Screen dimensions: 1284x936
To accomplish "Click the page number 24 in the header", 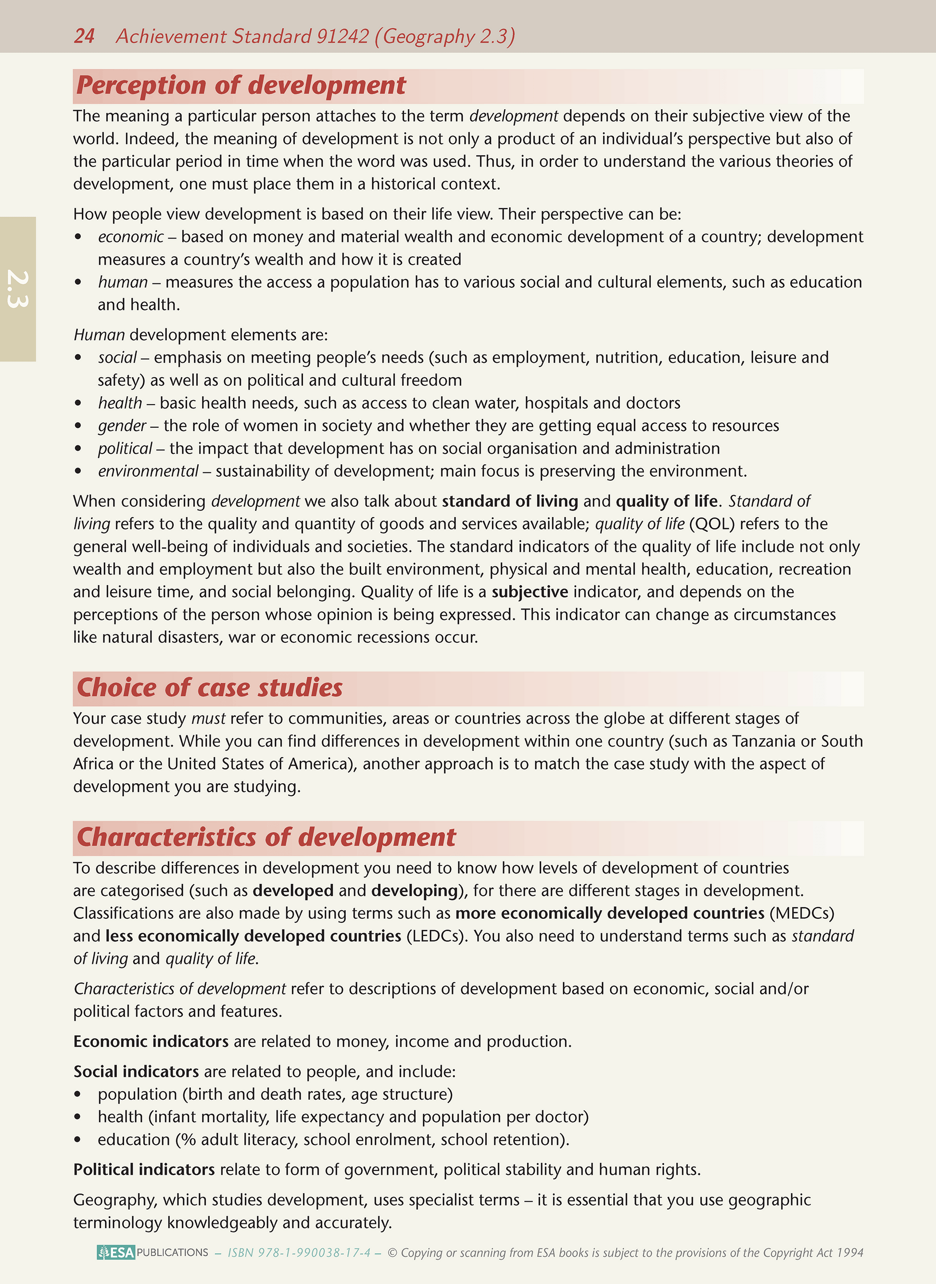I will click(84, 36).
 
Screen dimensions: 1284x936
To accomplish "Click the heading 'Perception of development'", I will click(241, 86).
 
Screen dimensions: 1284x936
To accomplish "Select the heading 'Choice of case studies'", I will click(210, 687).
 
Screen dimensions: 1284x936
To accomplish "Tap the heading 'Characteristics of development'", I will click(266, 837).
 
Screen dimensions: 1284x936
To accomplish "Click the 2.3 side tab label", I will click(18, 289).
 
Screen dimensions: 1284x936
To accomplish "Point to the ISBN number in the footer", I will click(299, 1252).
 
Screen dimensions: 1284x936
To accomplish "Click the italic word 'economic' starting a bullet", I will click(131, 236).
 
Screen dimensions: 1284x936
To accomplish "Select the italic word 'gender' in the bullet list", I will click(122, 426).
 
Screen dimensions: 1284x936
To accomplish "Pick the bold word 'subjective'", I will click(530, 592).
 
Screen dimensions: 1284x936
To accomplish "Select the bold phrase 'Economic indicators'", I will click(151, 1042).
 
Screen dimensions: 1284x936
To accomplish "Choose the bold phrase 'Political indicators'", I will click(144, 1170).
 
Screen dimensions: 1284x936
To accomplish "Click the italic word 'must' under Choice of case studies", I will click(208, 719).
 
